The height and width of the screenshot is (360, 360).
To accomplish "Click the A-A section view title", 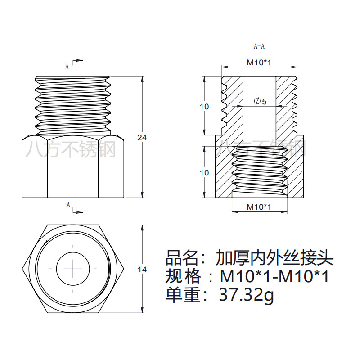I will [259, 46].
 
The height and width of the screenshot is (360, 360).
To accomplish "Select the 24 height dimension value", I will [142, 138].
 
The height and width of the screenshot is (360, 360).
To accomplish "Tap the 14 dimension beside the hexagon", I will [142, 270].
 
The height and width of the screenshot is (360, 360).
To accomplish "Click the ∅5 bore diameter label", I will [260, 102].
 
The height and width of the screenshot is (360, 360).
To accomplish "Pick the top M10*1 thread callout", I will [259, 63].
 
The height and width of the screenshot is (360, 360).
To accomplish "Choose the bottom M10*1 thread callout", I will [259, 207].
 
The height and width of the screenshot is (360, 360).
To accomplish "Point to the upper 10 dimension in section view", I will [204, 107].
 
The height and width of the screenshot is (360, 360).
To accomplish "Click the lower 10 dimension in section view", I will [204, 172].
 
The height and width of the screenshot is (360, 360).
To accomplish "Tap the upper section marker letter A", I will [67, 67].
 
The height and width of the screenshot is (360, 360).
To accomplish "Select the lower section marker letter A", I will [68, 205].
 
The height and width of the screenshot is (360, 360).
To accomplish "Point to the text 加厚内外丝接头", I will [274, 257].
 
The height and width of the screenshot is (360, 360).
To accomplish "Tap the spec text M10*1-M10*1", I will [274, 276].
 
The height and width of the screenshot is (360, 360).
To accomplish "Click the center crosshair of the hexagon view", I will [72, 269].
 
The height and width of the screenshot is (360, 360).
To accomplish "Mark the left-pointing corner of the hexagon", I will [22, 269].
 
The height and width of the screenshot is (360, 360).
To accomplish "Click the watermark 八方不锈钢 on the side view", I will [71, 149].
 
